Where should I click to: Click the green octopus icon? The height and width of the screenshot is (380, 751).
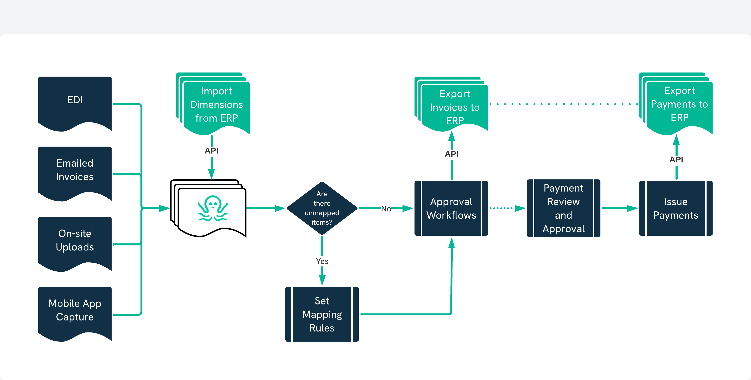click(213, 208)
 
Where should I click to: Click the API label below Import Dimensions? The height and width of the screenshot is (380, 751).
click(211, 151)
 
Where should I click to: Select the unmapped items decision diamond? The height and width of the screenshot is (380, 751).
click(322, 208)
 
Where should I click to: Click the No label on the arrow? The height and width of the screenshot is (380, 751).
click(386, 209)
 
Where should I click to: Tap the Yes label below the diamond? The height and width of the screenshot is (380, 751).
click(322, 261)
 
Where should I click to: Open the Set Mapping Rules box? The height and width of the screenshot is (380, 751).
click(322, 314)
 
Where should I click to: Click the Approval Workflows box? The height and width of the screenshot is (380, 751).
click(451, 208)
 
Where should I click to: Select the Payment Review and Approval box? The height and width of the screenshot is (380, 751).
click(563, 208)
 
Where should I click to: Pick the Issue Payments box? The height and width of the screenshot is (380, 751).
click(676, 208)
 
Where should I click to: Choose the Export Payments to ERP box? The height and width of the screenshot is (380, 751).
click(679, 104)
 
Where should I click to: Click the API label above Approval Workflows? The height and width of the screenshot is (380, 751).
click(452, 154)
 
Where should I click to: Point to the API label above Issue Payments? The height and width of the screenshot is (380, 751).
click(676, 159)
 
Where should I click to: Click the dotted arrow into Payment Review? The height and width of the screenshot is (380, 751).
click(507, 208)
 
